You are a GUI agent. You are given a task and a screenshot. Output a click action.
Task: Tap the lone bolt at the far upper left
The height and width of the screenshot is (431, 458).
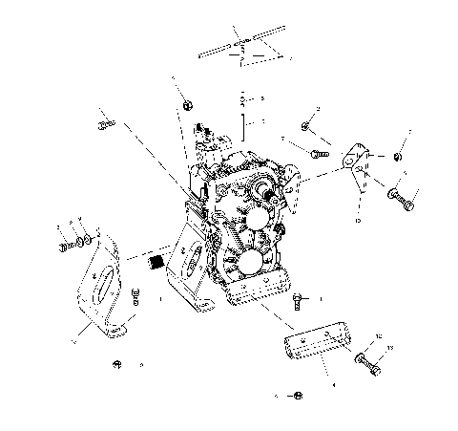coord(105,124)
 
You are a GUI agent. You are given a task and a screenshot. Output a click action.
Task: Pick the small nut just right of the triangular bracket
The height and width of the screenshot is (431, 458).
coord(400,155)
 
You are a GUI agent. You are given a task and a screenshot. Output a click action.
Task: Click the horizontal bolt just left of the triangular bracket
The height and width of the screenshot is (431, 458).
coord(319,150)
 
